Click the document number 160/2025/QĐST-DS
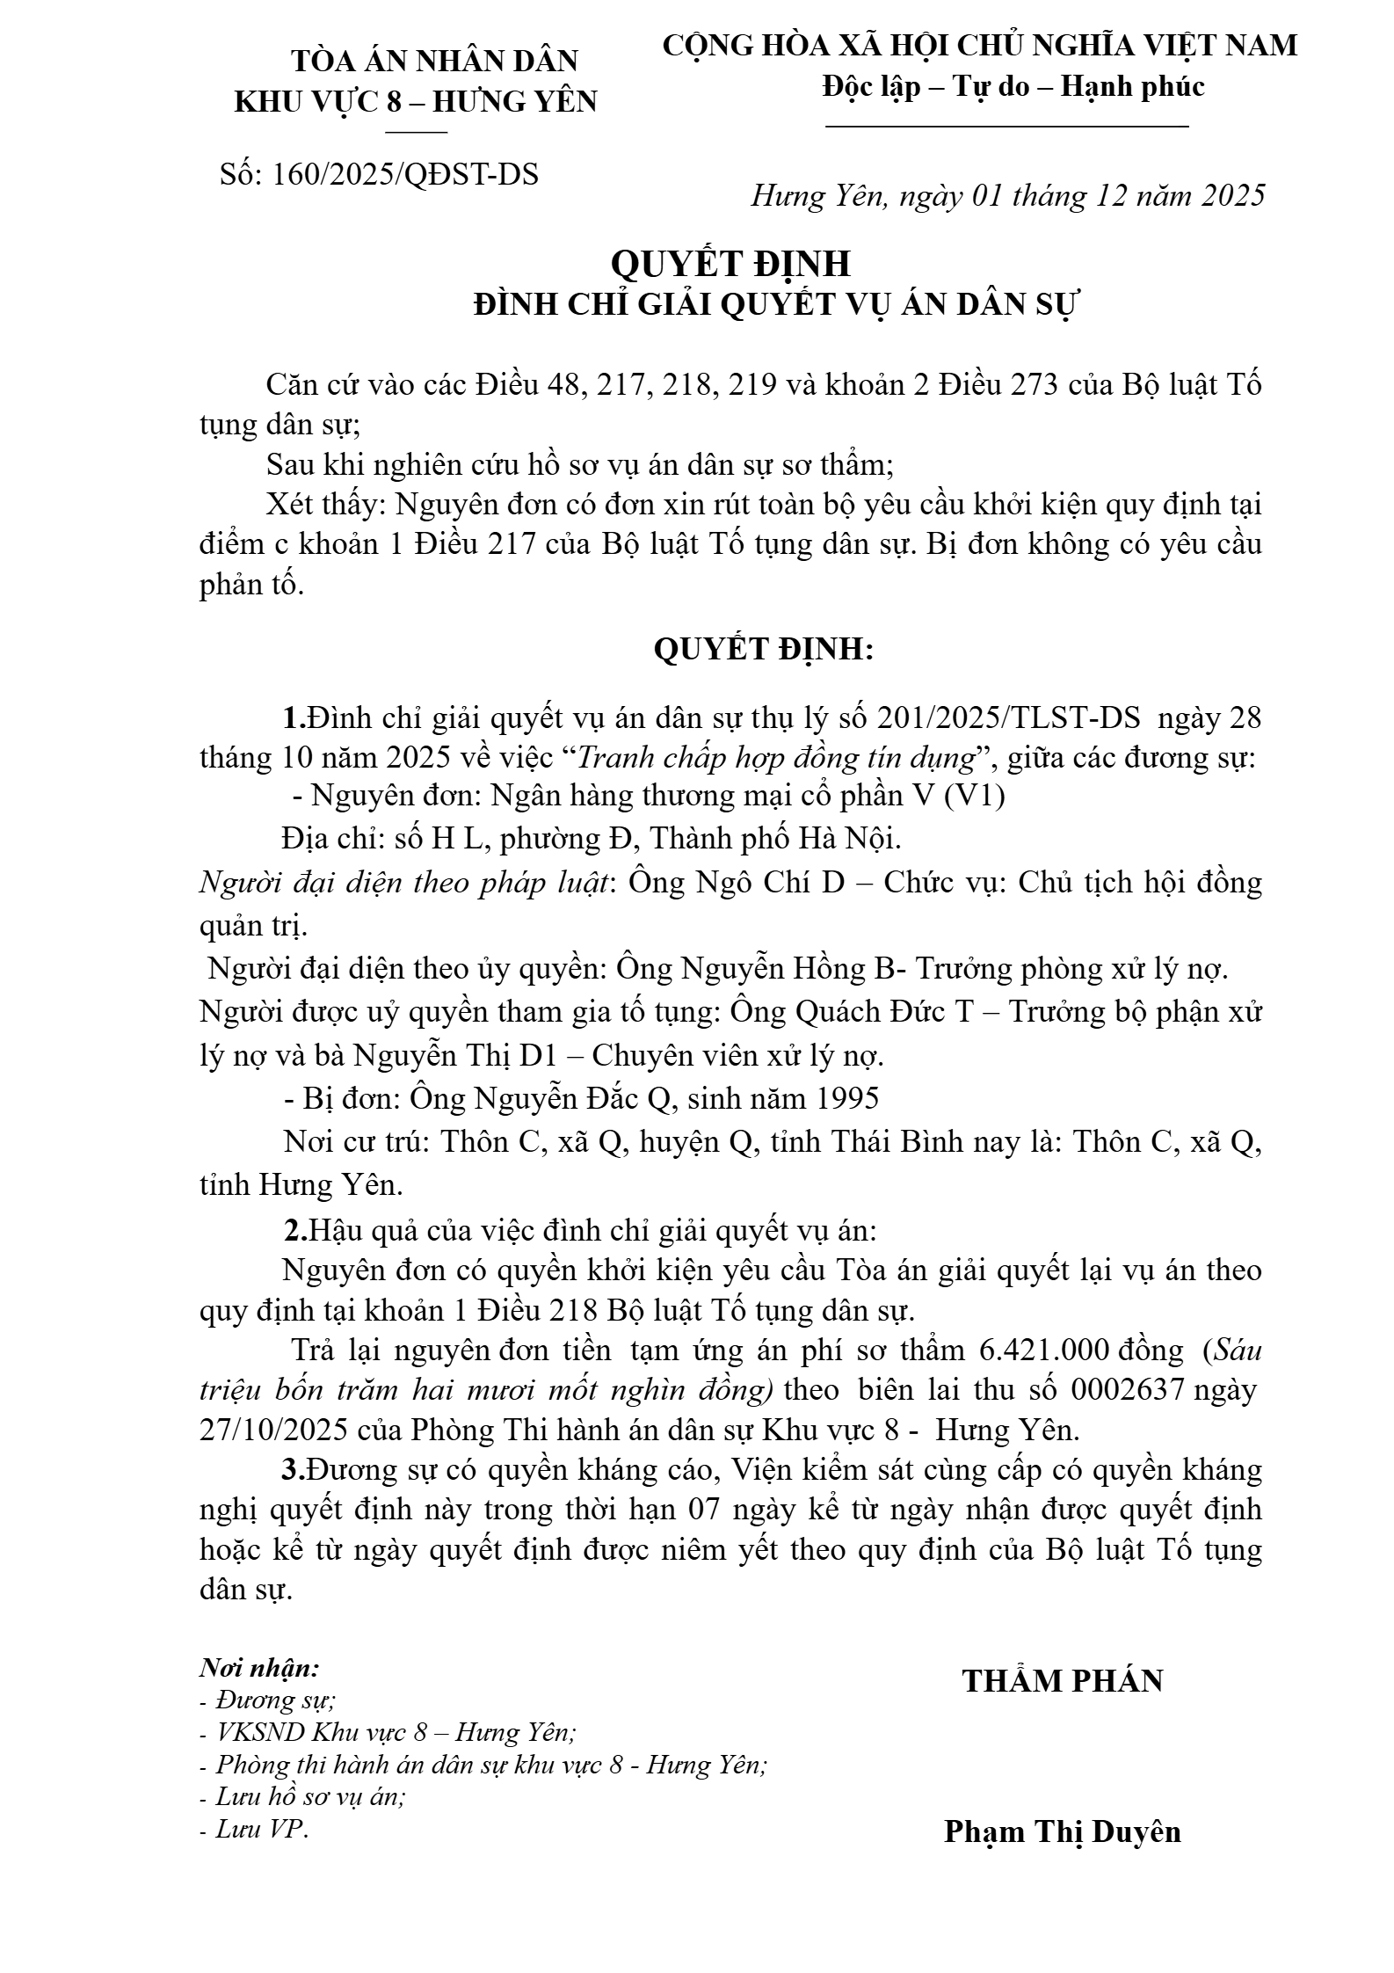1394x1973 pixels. (x=405, y=174)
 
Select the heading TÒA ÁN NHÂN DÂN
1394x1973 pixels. (x=434, y=61)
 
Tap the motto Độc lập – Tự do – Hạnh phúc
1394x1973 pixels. (x=1013, y=87)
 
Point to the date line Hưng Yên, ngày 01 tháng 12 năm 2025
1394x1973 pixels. (x=1007, y=195)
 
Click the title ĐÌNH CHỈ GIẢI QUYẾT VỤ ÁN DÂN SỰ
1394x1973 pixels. (x=775, y=304)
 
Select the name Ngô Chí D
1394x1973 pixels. (x=769, y=882)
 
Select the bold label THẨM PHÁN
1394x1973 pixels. (x=1063, y=1680)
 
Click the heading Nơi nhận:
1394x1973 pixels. (x=260, y=1668)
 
